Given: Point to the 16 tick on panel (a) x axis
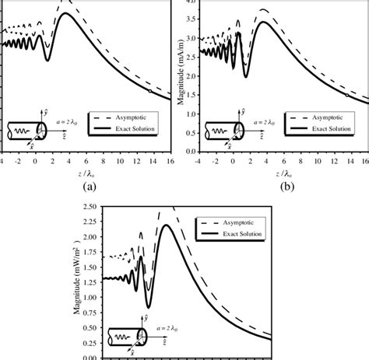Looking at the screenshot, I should pos(166,161).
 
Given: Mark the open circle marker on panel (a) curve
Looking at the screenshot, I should pos(150,90).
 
